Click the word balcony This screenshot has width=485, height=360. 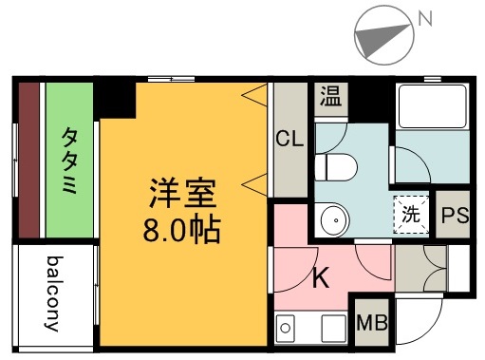55,294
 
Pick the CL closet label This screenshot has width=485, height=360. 289,139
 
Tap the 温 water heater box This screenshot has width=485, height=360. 330,97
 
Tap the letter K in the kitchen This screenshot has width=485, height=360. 321,279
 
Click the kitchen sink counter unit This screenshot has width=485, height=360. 310,330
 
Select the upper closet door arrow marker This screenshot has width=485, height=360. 253,95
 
